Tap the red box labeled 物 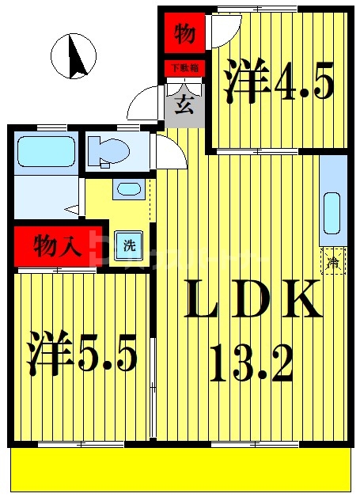click(x=184, y=34)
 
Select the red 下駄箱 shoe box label click(x=184, y=68)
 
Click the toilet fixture click(x=106, y=151)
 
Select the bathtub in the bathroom click(x=45, y=150)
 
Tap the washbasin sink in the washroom click(x=127, y=189)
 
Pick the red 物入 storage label click(x=56, y=246)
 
